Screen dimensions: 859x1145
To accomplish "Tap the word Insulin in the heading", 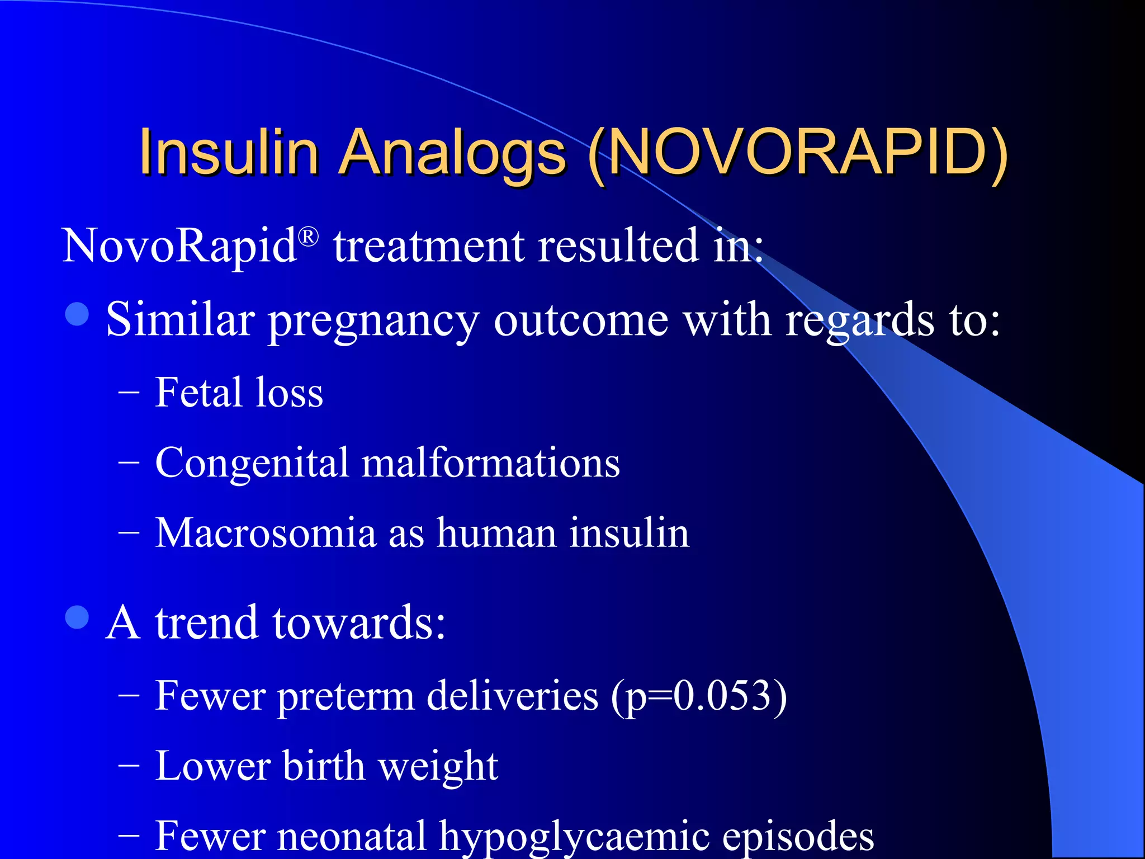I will (229, 152).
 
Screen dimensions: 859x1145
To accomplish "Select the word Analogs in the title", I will (452, 152).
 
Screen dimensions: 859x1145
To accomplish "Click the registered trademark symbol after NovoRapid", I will (309, 237).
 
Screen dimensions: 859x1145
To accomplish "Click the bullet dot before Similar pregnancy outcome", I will (77, 314).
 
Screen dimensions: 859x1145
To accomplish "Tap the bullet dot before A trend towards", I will (77, 617).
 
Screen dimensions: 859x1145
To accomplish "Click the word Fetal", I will (198, 393).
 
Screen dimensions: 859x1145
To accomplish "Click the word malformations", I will (490, 463).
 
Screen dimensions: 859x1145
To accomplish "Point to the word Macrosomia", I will (266, 533).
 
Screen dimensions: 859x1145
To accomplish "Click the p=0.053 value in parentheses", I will (698, 697).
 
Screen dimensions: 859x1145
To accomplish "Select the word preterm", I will (346, 697).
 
